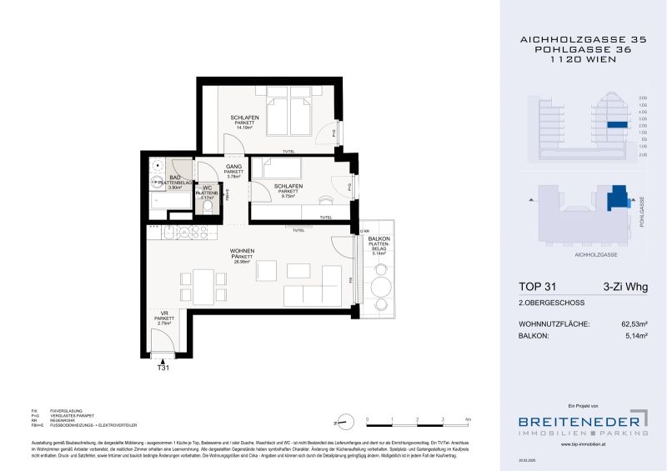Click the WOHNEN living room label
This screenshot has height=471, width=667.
pyautogui.click(x=243, y=250)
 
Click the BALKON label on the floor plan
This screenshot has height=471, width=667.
pyautogui.click(x=379, y=239)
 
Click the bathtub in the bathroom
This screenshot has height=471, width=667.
pyautogui.click(x=158, y=201)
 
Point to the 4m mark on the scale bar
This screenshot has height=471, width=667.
pyautogui.click(x=469, y=418)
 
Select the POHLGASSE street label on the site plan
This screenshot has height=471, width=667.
pyautogui.click(x=642, y=213)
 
